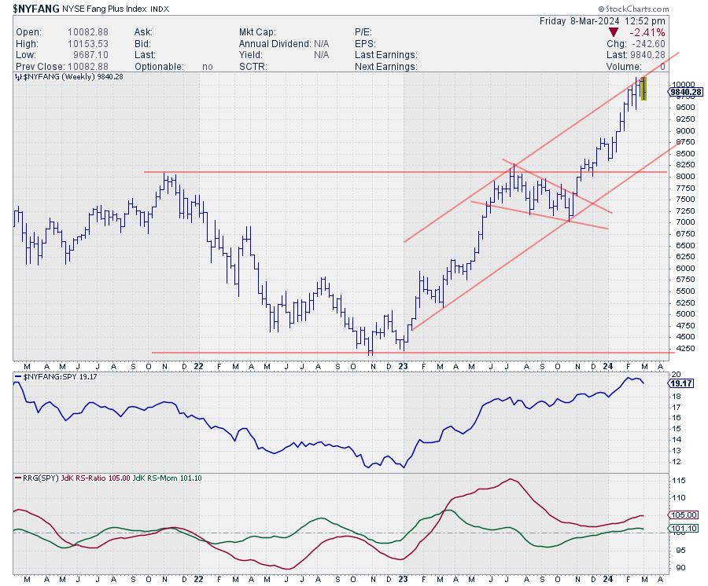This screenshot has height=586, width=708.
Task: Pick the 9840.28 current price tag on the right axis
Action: pyautogui.click(x=685, y=92)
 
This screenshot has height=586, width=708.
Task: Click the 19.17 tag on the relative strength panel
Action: pyautogui.click(x=681, y=384)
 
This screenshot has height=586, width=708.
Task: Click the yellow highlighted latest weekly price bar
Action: pyautogui.click(x=643, y=88)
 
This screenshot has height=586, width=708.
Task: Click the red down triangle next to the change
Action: pyautogui.click(x=614, y=33)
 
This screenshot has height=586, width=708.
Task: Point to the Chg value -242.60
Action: pyautogui.click(x=647, y=44)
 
